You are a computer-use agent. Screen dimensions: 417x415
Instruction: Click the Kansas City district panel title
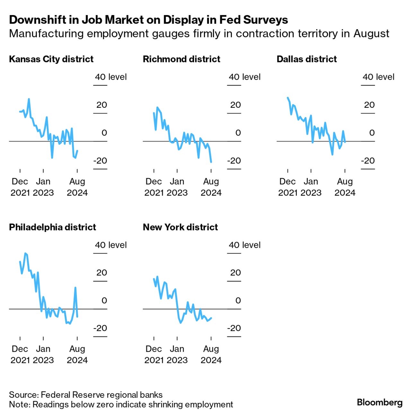tap(51, 59)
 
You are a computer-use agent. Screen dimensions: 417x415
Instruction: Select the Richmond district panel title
tap(181, 59)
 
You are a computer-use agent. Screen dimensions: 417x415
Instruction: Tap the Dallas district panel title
tap(306, 59)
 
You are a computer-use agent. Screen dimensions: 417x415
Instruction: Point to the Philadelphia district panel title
tap(52, 227)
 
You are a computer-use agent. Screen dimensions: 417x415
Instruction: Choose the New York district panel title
tap(180, 227)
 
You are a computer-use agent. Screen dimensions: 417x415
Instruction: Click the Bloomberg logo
tap(379, 402)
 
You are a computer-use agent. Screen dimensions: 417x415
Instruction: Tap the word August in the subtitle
tap(371, 33)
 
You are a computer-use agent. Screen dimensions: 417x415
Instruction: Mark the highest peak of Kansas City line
tap(29, 99)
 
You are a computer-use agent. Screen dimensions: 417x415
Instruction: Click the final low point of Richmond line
tap(211, 162)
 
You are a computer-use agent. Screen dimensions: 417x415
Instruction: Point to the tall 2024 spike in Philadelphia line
tap(75, 288)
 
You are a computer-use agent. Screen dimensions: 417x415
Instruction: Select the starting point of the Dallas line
tap(287, 97)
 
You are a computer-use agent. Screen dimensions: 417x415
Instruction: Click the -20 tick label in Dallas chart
tap(368, 161)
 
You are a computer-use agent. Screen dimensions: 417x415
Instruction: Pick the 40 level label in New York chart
tap(244, 245)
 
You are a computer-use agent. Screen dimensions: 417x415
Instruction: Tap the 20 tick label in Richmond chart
tap(235, 105)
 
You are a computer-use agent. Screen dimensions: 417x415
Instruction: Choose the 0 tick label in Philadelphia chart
tap(104, 301)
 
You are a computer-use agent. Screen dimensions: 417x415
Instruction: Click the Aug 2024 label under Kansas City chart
tap(77, 187)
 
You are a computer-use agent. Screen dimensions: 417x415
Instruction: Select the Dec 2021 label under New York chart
tap(154, 354)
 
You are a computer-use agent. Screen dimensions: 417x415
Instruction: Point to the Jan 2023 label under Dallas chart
tap(311, 187)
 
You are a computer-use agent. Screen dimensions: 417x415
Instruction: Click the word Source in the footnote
tap(23, 395)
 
